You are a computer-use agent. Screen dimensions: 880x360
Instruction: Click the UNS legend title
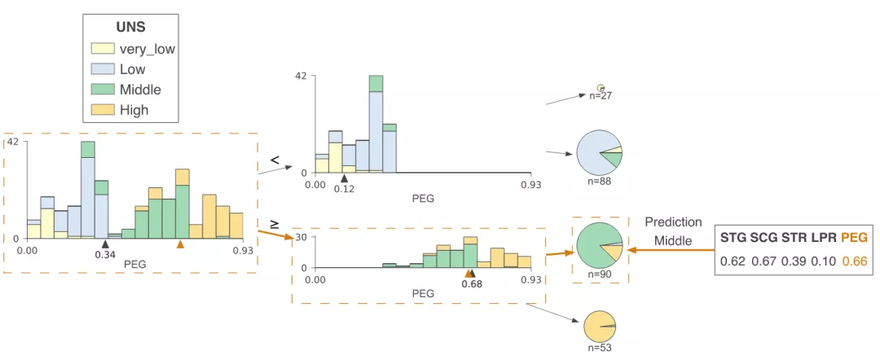[x=130, y=27]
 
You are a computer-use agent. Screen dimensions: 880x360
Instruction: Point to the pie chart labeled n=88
[x=599, y=152]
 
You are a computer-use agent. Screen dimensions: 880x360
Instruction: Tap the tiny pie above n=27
[x=601, y=86]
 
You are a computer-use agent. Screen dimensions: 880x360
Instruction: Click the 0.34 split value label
[x=104, y=254]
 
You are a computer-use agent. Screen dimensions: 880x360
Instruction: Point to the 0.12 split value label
[x=344, y=188]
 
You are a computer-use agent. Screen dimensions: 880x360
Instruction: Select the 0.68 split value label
[x=471, y=283]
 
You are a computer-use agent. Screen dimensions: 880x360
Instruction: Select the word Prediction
[x=672, y=222]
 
